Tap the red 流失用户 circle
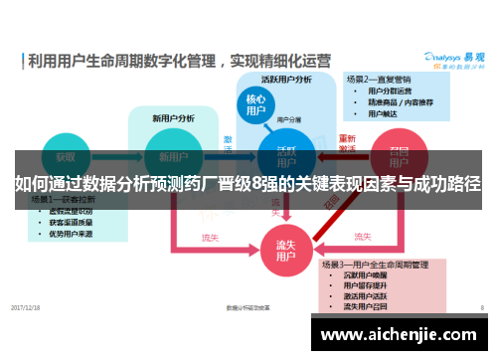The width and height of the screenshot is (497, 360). pos(285,249)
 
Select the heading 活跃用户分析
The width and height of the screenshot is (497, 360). pos(286,79)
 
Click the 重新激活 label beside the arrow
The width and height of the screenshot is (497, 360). pos(346,143)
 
